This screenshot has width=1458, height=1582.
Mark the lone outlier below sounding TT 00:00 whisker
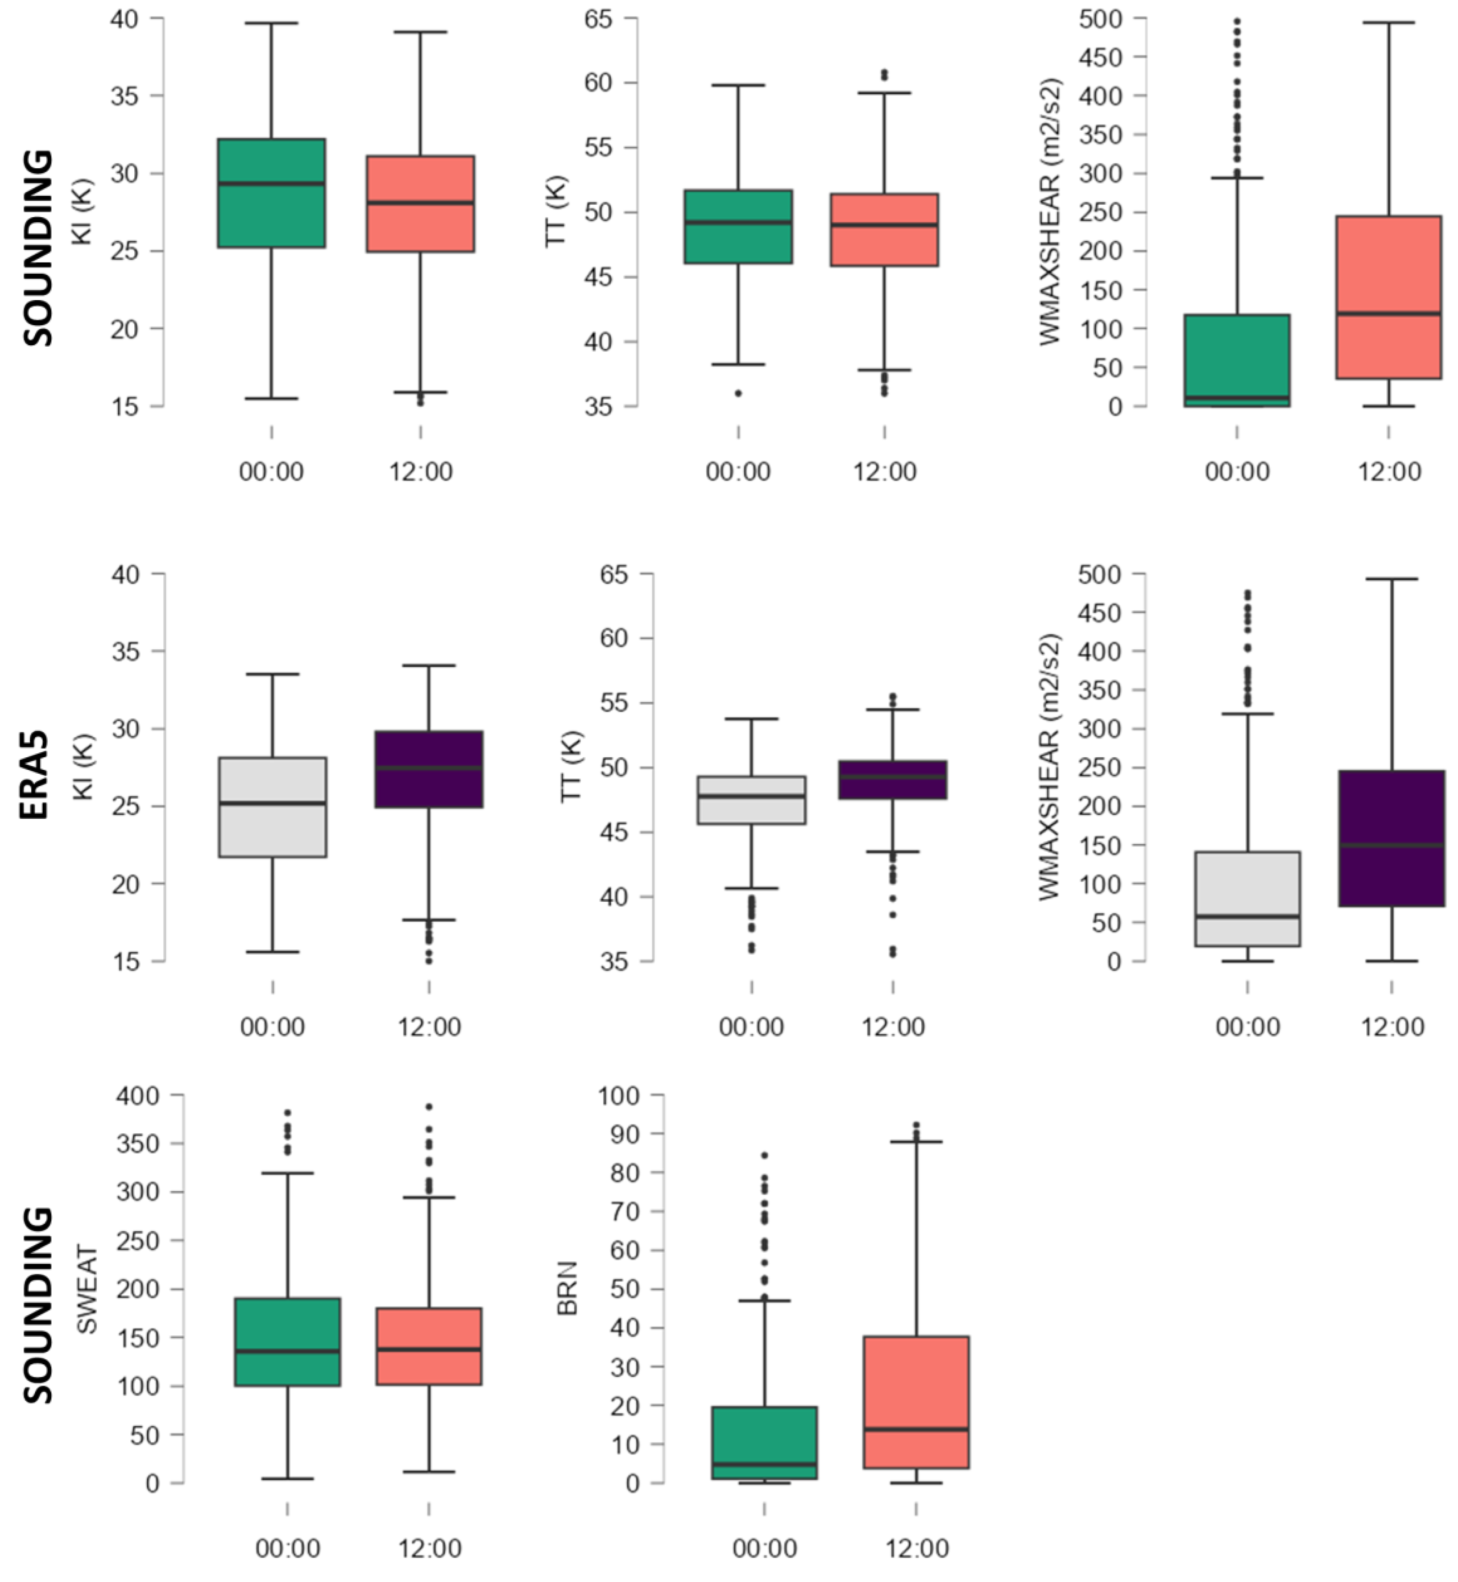point(738,393)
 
